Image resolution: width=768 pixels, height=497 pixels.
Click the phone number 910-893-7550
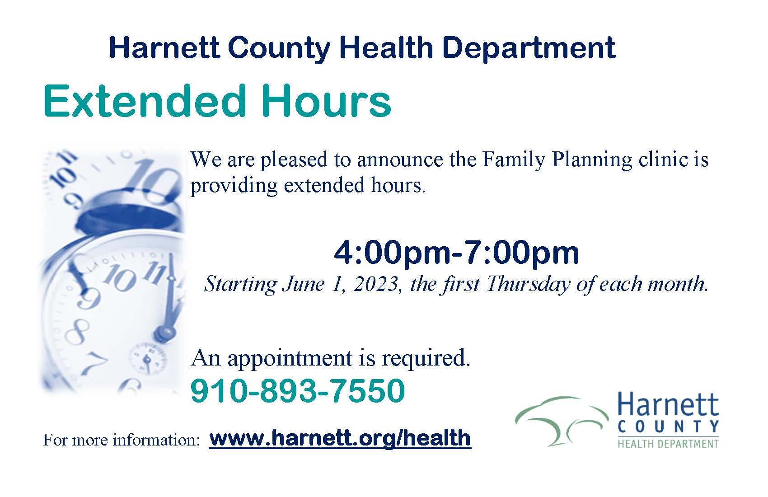tap(297, 391)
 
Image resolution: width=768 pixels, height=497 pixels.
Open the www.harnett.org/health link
tap(340, 438)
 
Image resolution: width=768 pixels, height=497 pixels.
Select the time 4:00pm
tap(389, 253)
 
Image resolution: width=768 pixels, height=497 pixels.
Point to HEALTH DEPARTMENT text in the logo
tap(668, 444)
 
